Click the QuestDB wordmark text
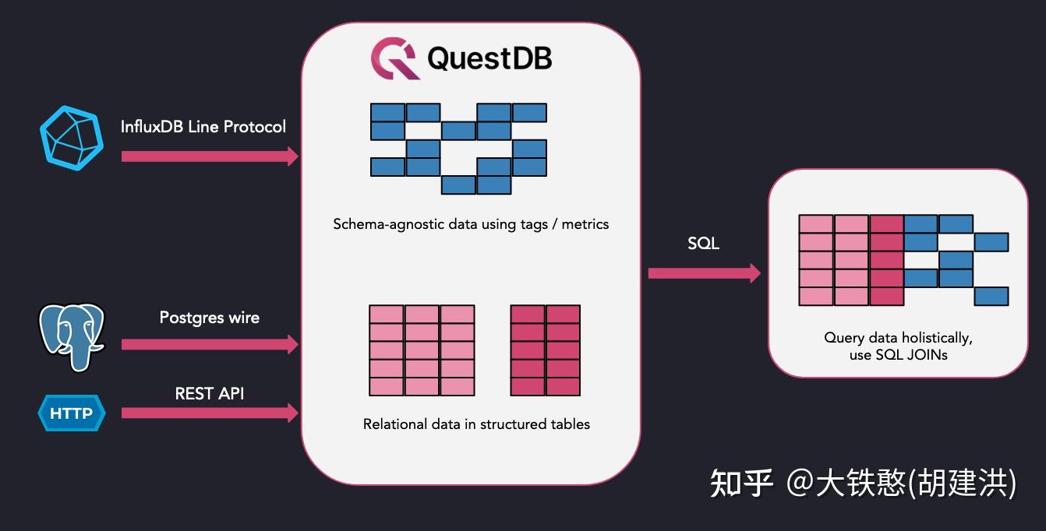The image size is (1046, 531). coord(489,59)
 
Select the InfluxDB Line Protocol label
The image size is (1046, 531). coord(203,126)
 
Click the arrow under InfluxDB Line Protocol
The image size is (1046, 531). coord(210,156)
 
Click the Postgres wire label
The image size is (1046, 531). coord(210,318)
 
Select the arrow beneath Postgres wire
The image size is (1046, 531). coord(210,344)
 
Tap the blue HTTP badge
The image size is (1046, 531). coord(71,413)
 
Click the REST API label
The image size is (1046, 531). coord(210,394)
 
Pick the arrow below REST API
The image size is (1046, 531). coord(210,413)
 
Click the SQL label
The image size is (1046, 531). coord(703,244)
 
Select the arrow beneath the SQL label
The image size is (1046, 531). coord(704,273)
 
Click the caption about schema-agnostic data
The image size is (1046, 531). coord(471,224)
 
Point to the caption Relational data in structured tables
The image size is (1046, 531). coord(476,424)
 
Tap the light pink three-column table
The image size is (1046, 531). coord(422,350)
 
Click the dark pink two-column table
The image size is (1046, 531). coord(546,350)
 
